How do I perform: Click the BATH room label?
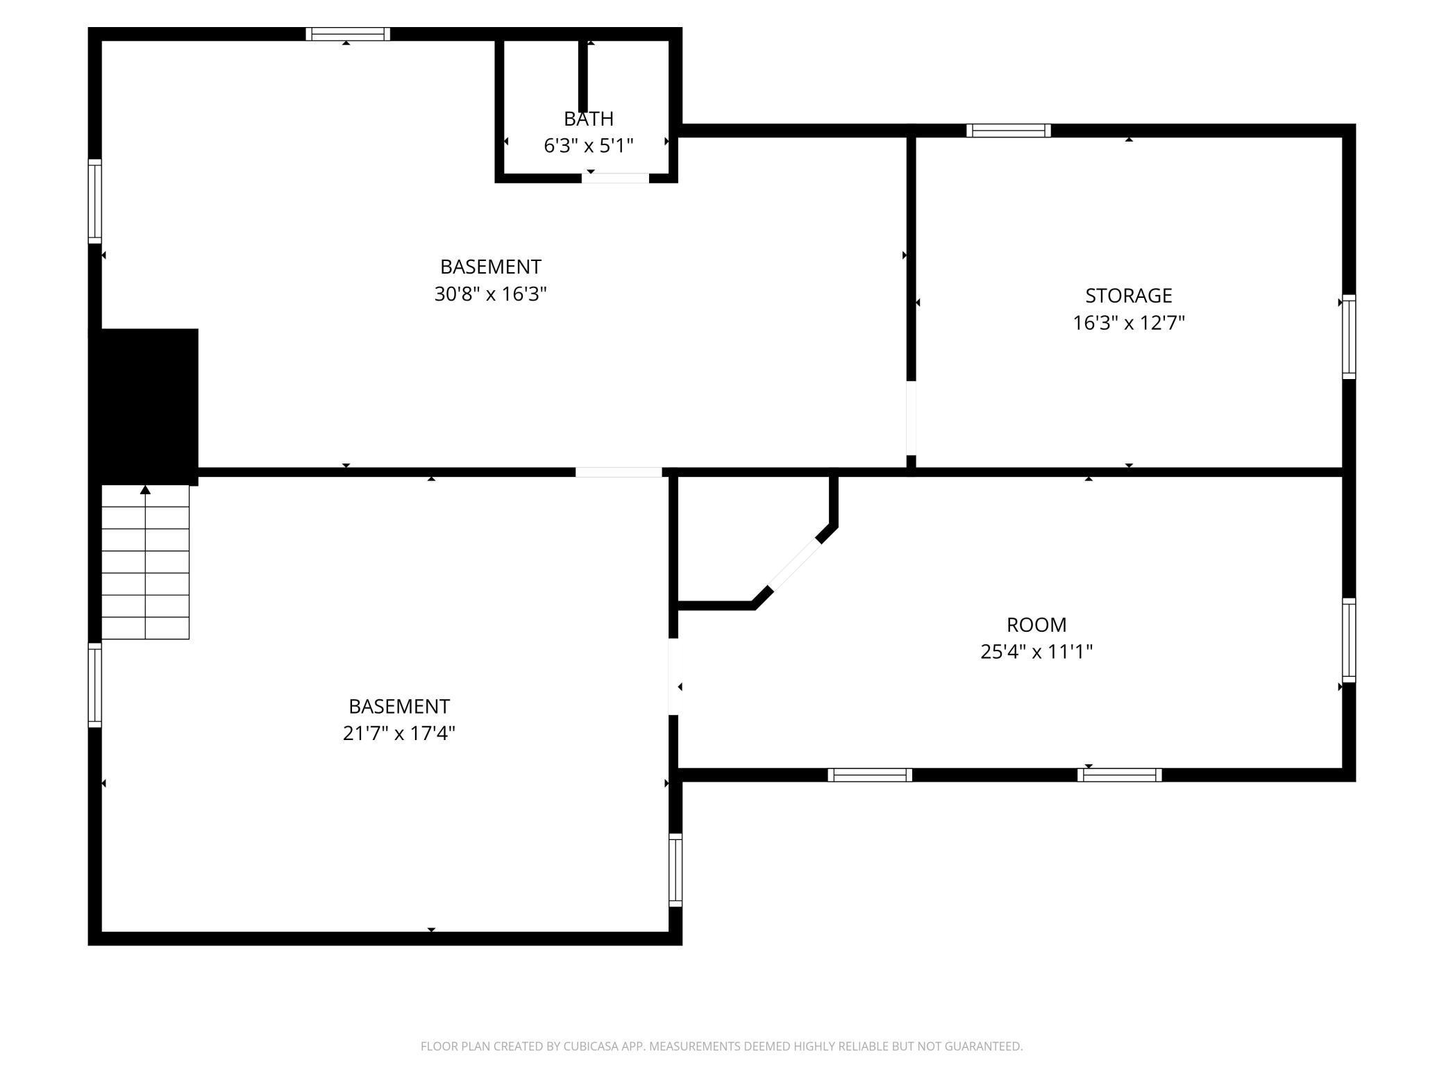click(588, 119)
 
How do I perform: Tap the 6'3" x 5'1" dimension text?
click(588, 146)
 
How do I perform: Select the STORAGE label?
click(1128, 296)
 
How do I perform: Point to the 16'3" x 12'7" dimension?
click(1128, 323)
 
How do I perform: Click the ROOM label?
click(1036, 625)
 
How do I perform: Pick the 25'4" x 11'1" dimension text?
click(1036, 652)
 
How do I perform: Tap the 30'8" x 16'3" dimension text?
click(490, 294)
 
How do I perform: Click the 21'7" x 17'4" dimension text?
click(398, 734)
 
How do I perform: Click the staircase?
click(145, 562)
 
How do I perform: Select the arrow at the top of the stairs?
click(145, 490)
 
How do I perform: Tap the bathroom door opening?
click(615, 178)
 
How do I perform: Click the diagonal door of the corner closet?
click(794, 565)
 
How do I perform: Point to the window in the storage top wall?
click(1008, 131)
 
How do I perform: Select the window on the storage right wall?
click(1348, 337)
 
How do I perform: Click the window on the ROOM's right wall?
click(1348, 640)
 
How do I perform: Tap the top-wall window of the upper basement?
click(347, 34)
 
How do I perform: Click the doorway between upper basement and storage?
click(911, 418)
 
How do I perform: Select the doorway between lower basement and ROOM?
click(673, 676)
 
